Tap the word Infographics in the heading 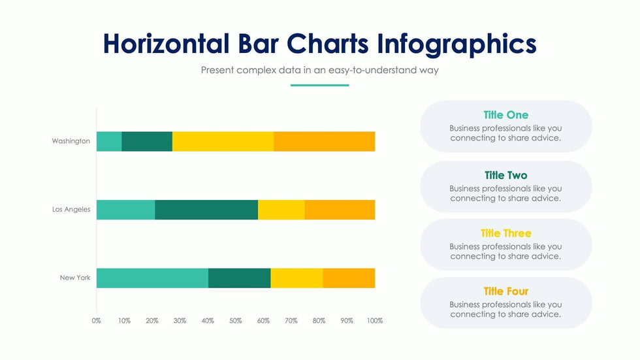click(x=456, y=44)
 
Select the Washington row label click(x=71, y=141)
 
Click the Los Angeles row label click(x=71, y=210)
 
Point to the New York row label click(x=75, y=278)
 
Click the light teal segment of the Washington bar click(x=109, y=141)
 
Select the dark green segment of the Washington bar click(x=147, y=141)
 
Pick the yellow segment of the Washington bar click(x=223, y=141)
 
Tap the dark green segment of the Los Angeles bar click(x=206, y=210)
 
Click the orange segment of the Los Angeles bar click(x=340, y=210)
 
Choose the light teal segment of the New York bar click(x=152, y=278)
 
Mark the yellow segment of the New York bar click(x=296, y=278)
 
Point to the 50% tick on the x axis click(x=236, y=321)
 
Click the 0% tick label click(x=97, y=321)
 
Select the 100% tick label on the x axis click(x=375, y=321)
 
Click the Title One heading click(x=506, y=115)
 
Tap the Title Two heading click(x=506, y=175)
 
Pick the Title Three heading click(x=506, y=233)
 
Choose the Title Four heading click(x=506, y=291)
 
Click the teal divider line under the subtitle click(x=319, y=85)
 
